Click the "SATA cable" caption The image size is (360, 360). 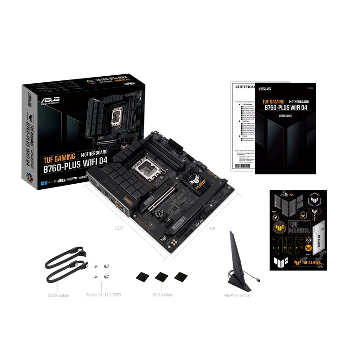[x=59, y=295]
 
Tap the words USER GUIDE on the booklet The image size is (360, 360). [x=285, y=115]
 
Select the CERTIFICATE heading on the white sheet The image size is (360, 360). [x=245, y=87]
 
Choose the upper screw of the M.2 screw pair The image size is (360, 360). [x=106, y=265]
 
